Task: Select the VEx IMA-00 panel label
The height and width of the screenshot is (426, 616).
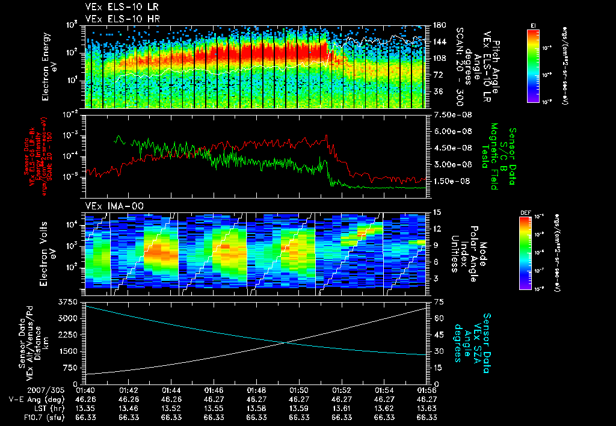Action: point(109,206)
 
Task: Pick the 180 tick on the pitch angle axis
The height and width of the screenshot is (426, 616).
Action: point(438,25)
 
